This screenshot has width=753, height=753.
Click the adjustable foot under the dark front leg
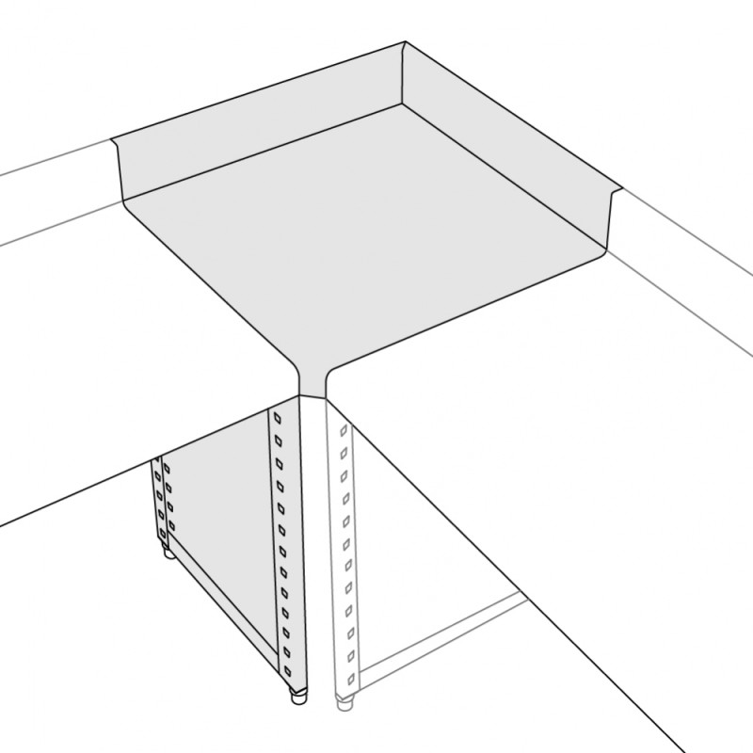click(298, 698)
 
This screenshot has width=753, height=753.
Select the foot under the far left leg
click(169, 553)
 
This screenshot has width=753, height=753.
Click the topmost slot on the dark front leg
click(279, 415)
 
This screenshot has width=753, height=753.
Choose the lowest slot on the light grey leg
click(349, 676)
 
